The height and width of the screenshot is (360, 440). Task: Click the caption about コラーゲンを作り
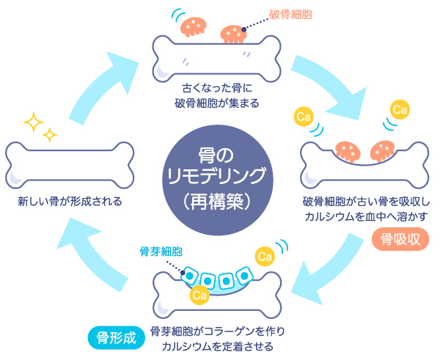220,338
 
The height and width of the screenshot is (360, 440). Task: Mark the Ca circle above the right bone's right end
400,110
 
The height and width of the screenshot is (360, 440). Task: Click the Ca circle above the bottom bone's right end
264,256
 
